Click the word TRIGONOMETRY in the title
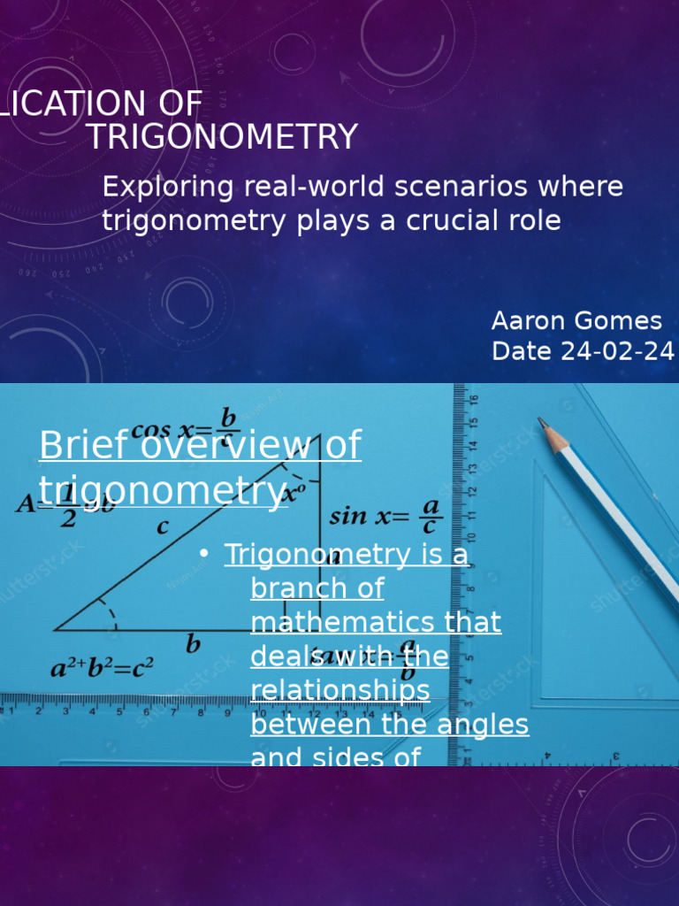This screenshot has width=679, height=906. pos(222,137)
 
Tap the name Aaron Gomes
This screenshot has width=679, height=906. pos(576,320)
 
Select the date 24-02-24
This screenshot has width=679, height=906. pos(618,351)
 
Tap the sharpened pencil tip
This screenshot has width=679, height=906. pos(543,424)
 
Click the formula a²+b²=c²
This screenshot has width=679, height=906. pos(102,668)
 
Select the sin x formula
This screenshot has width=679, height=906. pos(385,515)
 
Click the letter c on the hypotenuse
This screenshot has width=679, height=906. pos(163,527)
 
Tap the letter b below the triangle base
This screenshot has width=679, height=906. pos(193,645)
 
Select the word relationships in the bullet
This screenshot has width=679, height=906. pos(340,690)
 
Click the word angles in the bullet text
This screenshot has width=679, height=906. pos(489,725)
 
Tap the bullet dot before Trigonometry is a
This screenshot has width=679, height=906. pos(204,554)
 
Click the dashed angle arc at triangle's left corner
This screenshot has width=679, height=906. pos(108,611)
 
